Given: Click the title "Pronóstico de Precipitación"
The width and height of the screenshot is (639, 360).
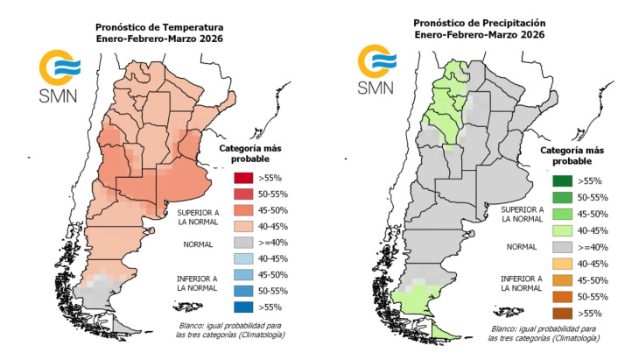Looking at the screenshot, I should click(x=477, y=22).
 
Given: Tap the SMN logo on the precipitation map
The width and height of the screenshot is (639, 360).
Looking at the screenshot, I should click(x=378, y=72).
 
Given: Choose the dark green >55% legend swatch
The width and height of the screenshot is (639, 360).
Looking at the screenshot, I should click(x=564, y=181).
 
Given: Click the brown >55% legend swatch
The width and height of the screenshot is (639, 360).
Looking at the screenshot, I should click(x=564, y=311).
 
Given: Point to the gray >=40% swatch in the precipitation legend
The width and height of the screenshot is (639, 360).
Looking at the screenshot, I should click(x=564, y=246).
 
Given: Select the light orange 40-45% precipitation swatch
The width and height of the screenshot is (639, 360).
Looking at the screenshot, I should click(x=564, y=263).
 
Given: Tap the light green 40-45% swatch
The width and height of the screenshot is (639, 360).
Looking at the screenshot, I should click(x=564, y=230).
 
